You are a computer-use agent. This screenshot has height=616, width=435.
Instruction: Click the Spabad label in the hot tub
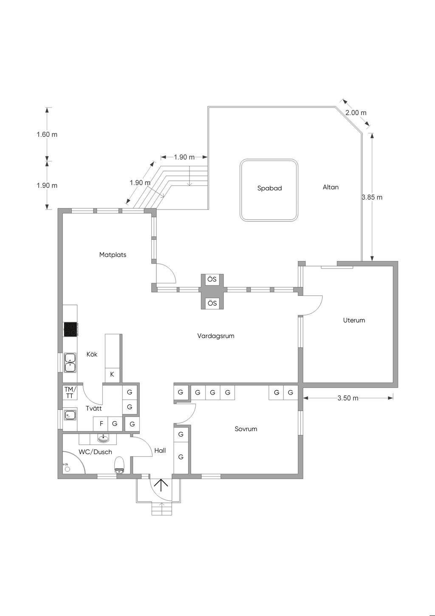point(269,188)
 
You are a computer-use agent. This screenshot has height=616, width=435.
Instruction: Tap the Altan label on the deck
point(330,187)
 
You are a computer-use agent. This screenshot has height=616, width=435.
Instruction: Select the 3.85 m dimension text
point(372,197)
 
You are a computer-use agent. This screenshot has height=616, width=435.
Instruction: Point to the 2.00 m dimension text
point(356,113)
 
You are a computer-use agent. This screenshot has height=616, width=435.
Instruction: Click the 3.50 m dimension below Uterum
point(348,398)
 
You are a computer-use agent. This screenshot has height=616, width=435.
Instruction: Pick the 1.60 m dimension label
point(47,134)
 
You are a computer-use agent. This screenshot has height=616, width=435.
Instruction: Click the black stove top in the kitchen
point(71,329)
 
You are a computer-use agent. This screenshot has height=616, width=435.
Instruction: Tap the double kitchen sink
point(71,363)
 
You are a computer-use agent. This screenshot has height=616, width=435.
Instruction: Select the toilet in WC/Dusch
point(119,465)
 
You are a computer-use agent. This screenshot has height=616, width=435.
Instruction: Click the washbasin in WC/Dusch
point(103,439)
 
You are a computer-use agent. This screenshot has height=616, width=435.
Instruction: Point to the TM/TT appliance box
point(69,393)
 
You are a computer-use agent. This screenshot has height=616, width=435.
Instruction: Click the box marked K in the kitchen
point(112,374)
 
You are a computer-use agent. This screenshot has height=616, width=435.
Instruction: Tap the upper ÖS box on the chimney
point(212,280)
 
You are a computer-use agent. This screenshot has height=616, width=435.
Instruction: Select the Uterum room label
point(354,320)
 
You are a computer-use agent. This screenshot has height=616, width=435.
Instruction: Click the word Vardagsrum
point(216,336)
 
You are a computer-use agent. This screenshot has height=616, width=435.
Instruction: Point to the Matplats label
point(113,255)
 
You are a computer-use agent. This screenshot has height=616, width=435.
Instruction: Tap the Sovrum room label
point(246,429)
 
